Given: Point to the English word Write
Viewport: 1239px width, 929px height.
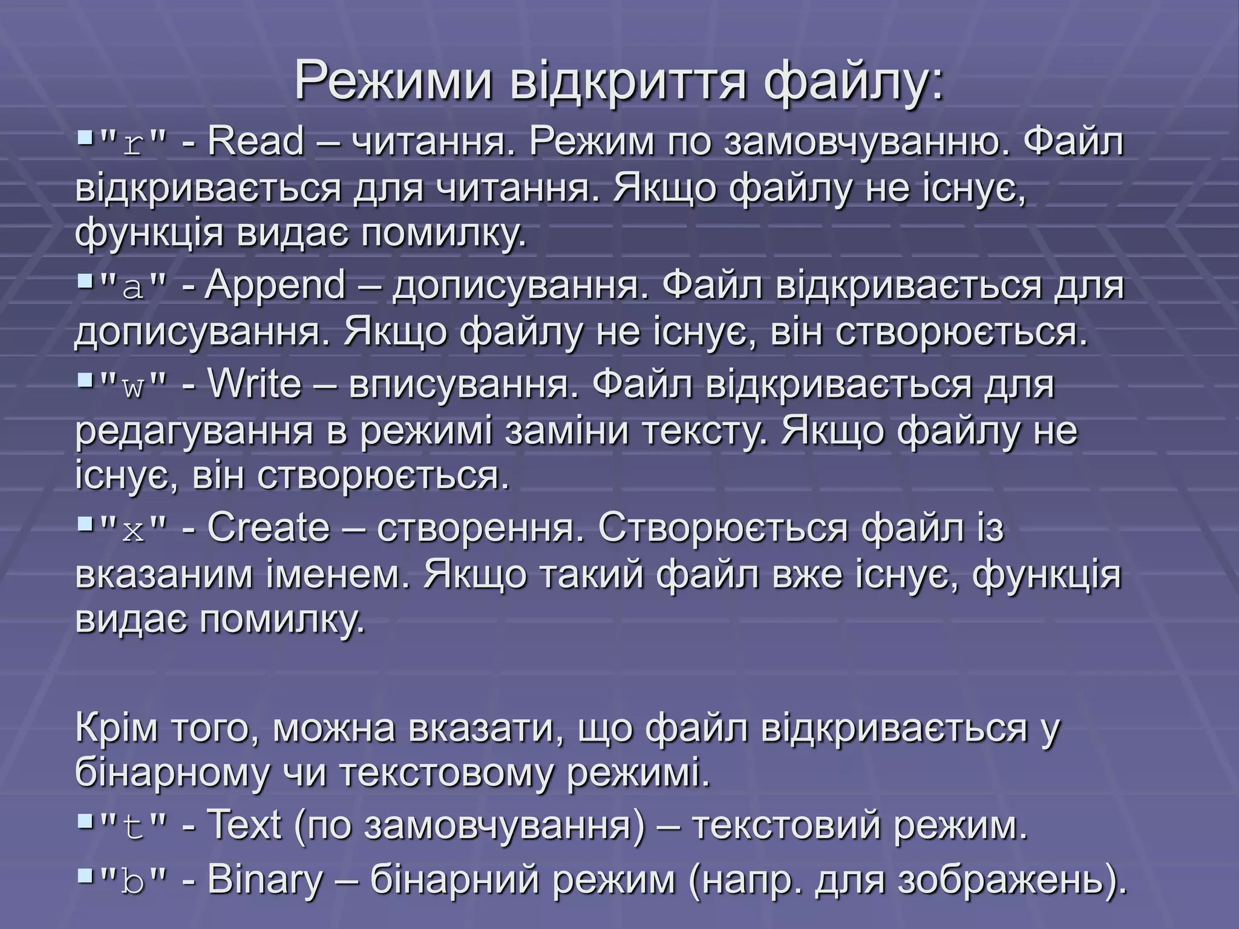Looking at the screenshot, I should (x=254, y=384).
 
